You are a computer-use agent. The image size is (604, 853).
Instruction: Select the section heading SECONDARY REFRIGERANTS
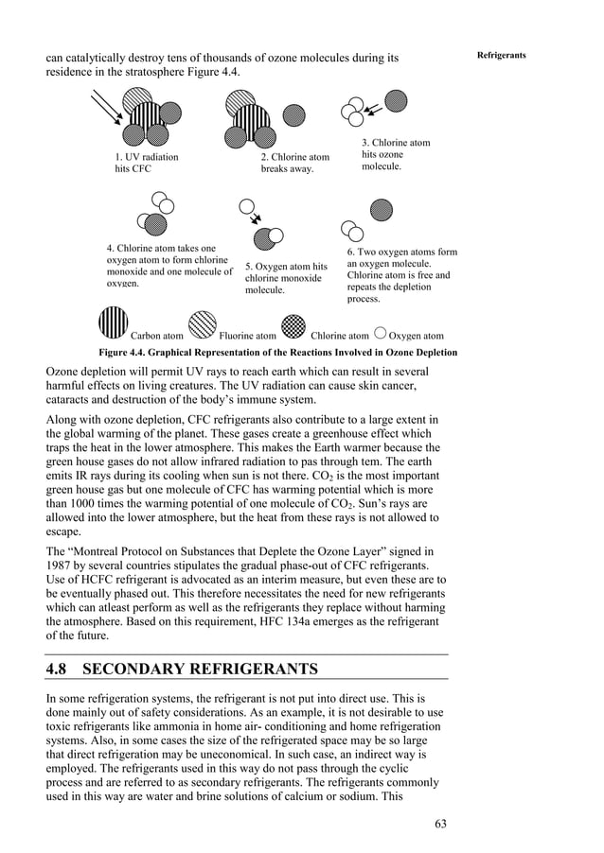click(201, 670)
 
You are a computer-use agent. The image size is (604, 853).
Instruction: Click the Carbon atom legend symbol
click(113, 323)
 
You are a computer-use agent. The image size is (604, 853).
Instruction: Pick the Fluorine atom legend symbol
click(202, 324)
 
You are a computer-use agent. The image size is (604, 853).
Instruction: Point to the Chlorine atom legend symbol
click(294, 324)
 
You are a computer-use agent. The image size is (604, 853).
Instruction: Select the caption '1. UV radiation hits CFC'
click(146, 163)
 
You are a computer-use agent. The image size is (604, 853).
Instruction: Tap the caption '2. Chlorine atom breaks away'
click(295, 163)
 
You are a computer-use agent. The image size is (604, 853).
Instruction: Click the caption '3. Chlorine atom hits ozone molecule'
click(395, 154)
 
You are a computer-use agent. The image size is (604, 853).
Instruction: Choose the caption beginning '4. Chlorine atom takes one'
click(169, 266)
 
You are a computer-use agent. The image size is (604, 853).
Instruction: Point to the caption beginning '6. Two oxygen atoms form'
click(401, 275)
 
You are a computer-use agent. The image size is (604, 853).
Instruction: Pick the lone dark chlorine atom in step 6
click(380, 209)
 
